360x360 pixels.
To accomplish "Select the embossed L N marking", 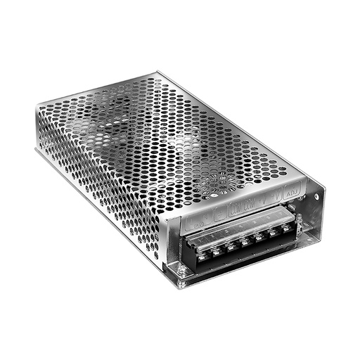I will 195,219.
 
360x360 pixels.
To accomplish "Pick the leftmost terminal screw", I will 202,258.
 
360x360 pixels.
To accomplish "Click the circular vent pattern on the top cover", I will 224,182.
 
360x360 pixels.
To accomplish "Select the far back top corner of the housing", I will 157,71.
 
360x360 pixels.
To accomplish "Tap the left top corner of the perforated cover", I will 37,105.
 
